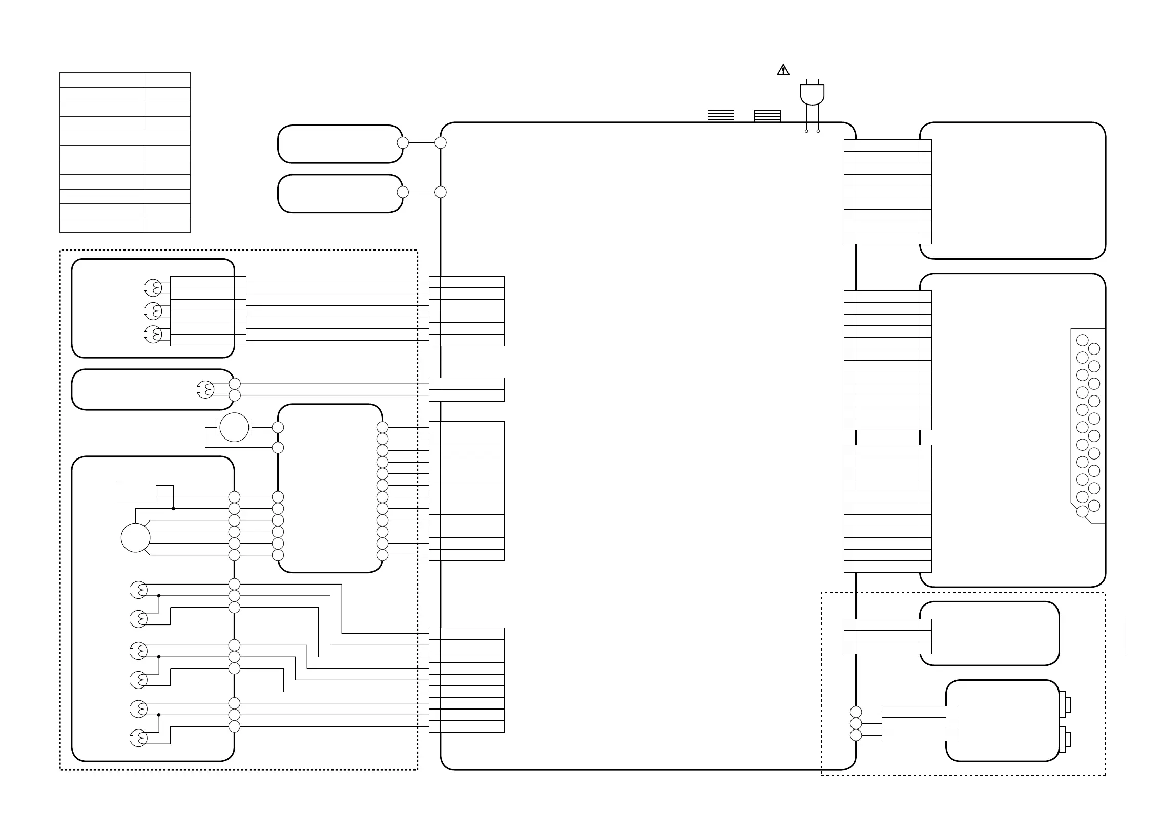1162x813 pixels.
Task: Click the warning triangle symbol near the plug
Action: pos(783,70)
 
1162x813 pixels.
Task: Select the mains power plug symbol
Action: pos(812,94)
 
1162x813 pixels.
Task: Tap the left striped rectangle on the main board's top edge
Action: pos(720,116)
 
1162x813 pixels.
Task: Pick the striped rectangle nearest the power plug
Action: pos(767,116)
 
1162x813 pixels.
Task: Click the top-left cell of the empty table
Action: pos(102,80)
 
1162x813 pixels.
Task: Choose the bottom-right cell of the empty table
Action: pos(167,225)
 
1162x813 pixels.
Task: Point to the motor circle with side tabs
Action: pos(234,427)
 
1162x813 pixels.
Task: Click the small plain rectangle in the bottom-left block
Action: pos(135,491)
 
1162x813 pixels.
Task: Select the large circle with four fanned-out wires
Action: pos(135,538)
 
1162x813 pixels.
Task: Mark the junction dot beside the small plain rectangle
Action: pos(173,509)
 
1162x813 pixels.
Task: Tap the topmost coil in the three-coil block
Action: pos(153,287)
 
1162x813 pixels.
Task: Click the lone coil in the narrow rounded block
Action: pos(205,390)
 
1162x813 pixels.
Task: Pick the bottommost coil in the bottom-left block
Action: pos(139,738)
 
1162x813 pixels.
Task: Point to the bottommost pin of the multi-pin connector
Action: pos(1083,511)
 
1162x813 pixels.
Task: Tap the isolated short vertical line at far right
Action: pos(1126,636)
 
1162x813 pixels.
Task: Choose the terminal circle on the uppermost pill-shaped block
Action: pos(403,142)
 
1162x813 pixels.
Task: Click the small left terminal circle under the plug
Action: pos(806,131)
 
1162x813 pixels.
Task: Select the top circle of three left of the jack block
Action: pos(856,712)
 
